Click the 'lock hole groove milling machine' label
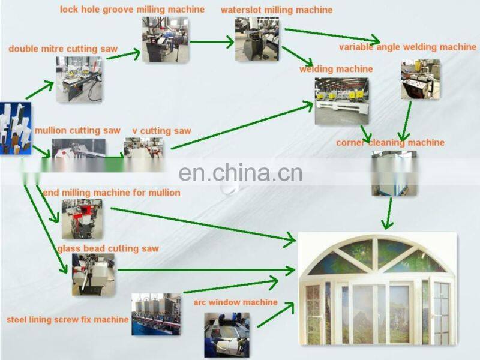click(132, 10)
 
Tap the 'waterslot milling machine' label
click(276, 10)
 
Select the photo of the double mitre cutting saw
click(79, 79)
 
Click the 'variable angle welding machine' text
click(407, 47)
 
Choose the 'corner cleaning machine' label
click(390, 143)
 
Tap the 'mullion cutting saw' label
click(77, 130)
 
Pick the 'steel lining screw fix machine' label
click(67, 319)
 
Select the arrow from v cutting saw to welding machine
click(240, 126)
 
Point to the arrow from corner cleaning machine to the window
click(389, 213)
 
